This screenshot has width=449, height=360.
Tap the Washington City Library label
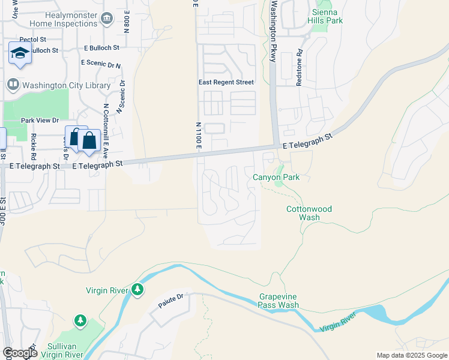[66, 86]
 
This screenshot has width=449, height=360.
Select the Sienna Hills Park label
[328, 16]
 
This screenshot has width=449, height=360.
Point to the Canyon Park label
[276, 178]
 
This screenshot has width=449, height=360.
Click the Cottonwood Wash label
[309, 213]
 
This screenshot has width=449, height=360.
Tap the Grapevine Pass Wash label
[279, 301]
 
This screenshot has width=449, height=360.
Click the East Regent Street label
[226, 82]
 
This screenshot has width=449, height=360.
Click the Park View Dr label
[40, 120]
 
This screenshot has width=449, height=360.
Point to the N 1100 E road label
[197, 135]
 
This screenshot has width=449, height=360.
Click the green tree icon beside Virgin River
[138, 290]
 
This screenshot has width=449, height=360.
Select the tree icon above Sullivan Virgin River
[80, 322]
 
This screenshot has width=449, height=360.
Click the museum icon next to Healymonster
[107, 19]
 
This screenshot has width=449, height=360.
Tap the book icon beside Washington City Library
[13, 86]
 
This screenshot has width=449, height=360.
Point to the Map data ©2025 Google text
[412, 355]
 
